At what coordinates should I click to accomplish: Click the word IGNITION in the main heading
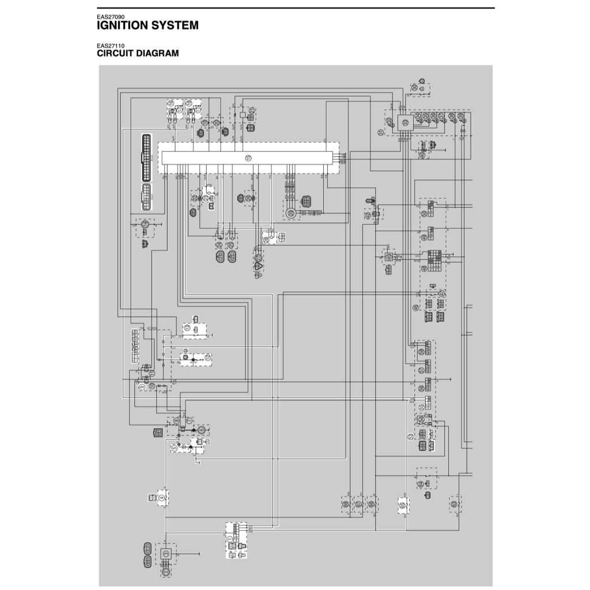(x=119, y=25)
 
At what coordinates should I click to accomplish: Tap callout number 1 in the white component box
(x=230, y=539)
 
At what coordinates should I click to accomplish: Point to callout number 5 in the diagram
(x=175, y=447)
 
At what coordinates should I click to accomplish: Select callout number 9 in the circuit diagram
(x=142, y=387)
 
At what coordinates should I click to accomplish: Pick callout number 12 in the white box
(x=207, y=358)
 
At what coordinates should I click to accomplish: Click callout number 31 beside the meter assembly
(x=381, y=133)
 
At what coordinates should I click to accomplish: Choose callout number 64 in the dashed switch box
(x=421, y=484)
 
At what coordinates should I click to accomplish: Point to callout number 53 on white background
(x=411, y=436)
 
